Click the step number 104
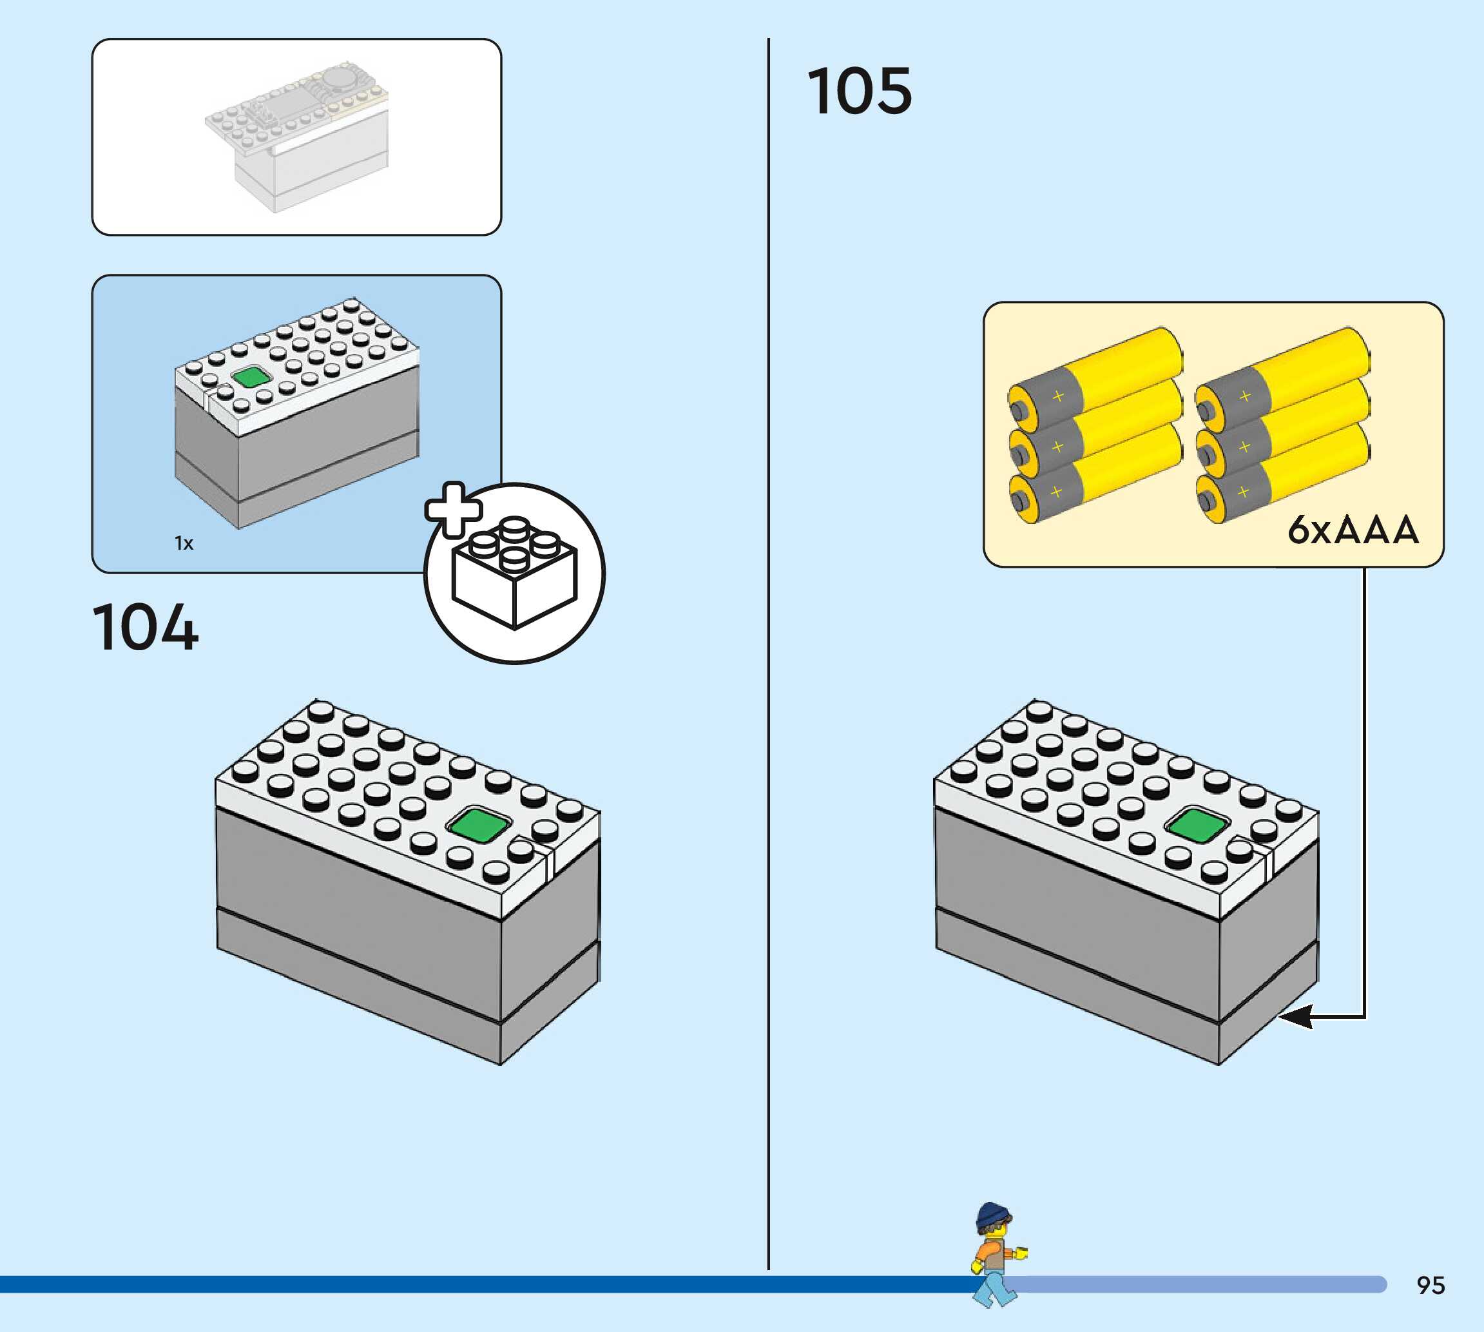(145, 627)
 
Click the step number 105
(859, 92)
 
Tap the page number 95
(1430, 1284)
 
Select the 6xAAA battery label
(1353, 530)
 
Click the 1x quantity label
(184, 543)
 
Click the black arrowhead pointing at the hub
(1295, 1017)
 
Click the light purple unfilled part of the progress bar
(1200, 1284)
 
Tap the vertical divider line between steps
(768, 659)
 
